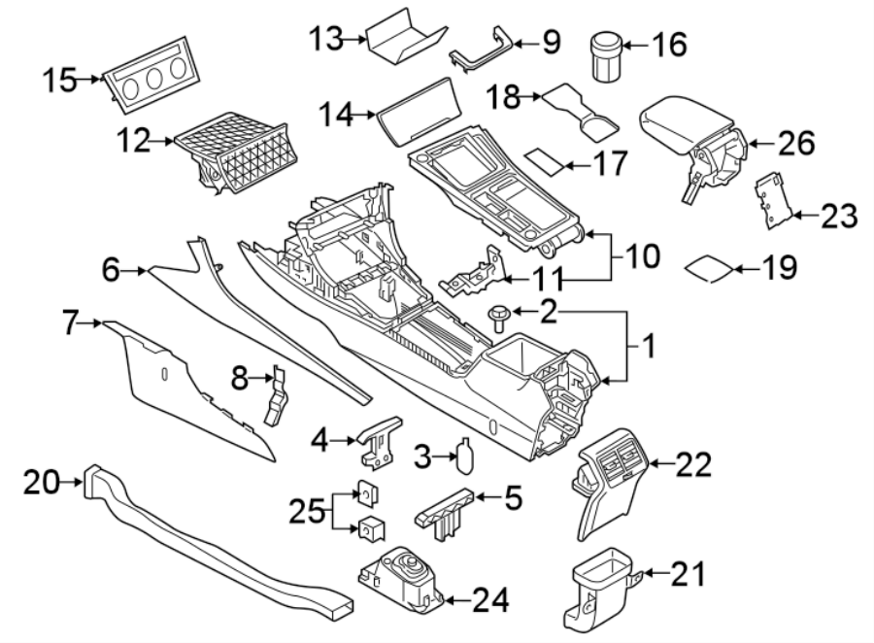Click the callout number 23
click(837, 216)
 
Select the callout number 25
click(310, 510)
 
